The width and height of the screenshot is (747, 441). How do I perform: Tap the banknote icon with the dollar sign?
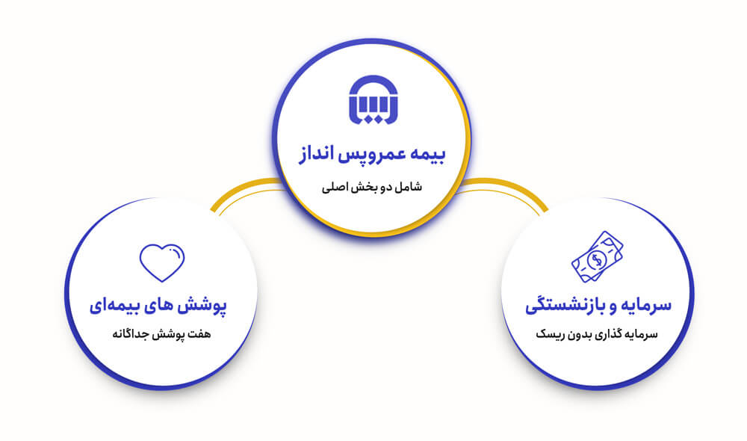coord(597,256)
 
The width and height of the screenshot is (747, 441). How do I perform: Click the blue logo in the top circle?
coord(373,101)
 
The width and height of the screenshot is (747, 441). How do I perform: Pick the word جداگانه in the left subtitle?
coord(131,333)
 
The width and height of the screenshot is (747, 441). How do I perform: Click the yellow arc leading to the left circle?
coord(239,189)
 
